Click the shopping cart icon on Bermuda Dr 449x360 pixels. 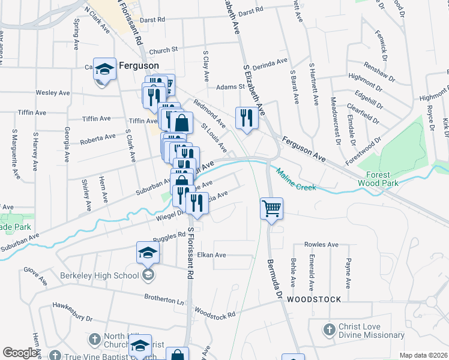pos(271,208)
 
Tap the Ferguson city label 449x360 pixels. pos(139,65)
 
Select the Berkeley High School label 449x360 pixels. pos(100,276)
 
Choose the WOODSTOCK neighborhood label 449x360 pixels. pos(314,299)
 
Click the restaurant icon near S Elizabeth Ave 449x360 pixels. pos(247,118)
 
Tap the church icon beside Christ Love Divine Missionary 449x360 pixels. pos(328,330)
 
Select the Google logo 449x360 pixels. pos(20,353)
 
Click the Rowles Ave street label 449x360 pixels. pos(321,245)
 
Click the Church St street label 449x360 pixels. pos(164,50)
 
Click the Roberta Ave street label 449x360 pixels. pos(98,137)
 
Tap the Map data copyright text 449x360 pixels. pos(424,355)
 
